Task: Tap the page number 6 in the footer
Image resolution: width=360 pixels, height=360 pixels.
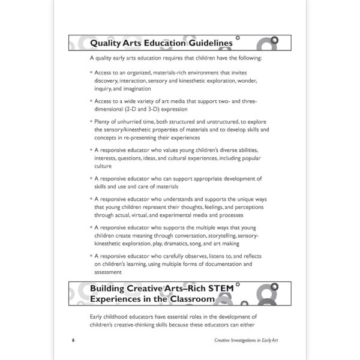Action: (x=72, y=339)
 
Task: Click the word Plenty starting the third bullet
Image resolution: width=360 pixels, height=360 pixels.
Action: (x=103, y=121)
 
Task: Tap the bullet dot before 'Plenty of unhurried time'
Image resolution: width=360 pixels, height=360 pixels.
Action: (x=91, y=121)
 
